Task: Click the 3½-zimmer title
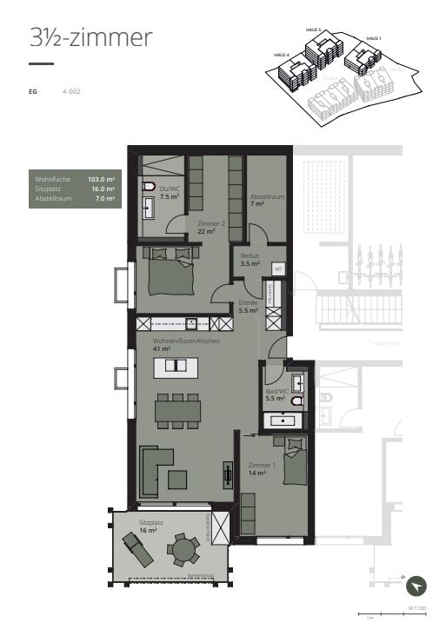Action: (90, 37)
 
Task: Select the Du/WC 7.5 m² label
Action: (169, 193)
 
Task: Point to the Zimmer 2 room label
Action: (211, 227)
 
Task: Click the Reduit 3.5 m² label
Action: (251, 260)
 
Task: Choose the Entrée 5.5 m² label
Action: (249, 306)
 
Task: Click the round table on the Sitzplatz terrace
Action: (183, 549)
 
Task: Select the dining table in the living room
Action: (177, 409)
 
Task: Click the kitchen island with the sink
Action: (176, 366)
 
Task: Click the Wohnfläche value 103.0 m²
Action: (101, 178)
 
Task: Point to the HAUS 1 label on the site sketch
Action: (374, 38)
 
